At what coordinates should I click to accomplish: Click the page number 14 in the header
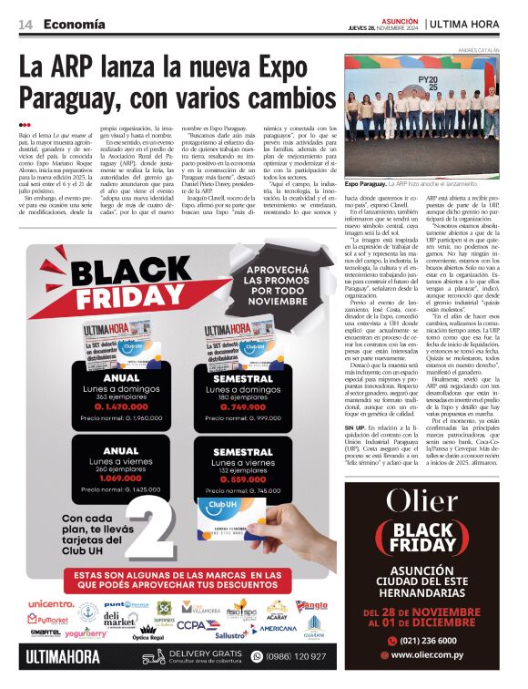[25, 24]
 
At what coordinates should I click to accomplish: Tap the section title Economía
[74, 24]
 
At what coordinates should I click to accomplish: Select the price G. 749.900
[243, 407]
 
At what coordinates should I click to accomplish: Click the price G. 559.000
[243, 478]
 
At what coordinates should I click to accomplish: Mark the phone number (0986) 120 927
[296, 655]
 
